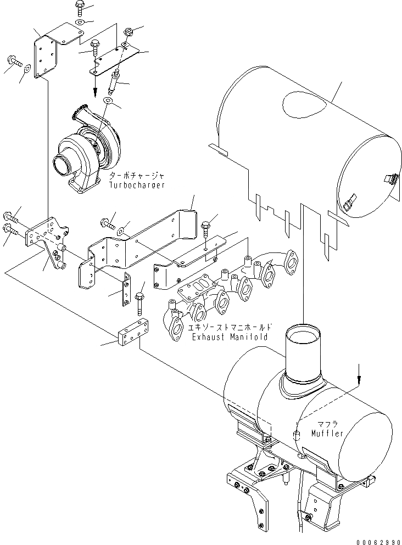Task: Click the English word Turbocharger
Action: pos(136,186)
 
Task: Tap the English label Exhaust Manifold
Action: pos(230,336)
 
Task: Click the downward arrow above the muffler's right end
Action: pos(359,375)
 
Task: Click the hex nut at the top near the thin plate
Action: pos(129,32)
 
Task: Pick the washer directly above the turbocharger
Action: pos(107,100)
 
